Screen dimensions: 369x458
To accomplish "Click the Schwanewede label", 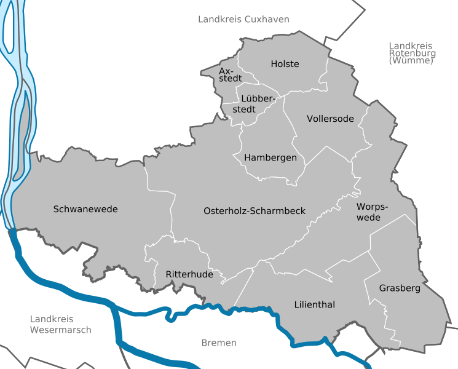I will pos(85,209).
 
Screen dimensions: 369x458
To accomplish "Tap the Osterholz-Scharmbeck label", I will pos(254,211).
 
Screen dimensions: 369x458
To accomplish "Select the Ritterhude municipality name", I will pos(189,274).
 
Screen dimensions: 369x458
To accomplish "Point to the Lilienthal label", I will pos(315,304).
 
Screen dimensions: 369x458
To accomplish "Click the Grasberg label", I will pos(400,288).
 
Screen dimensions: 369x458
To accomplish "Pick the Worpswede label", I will pos(369,212).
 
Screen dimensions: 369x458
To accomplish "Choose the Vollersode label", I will pos(330,119).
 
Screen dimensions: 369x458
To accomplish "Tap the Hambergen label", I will pos(270,158).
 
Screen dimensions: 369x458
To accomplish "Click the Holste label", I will pos(285,64).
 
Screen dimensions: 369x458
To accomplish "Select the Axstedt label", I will pos(230,75).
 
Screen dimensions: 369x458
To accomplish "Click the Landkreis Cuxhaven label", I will pos(243,20).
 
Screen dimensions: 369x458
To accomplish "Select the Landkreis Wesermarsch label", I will pos(60,324).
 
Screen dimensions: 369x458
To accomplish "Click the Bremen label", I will pos(218,343).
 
